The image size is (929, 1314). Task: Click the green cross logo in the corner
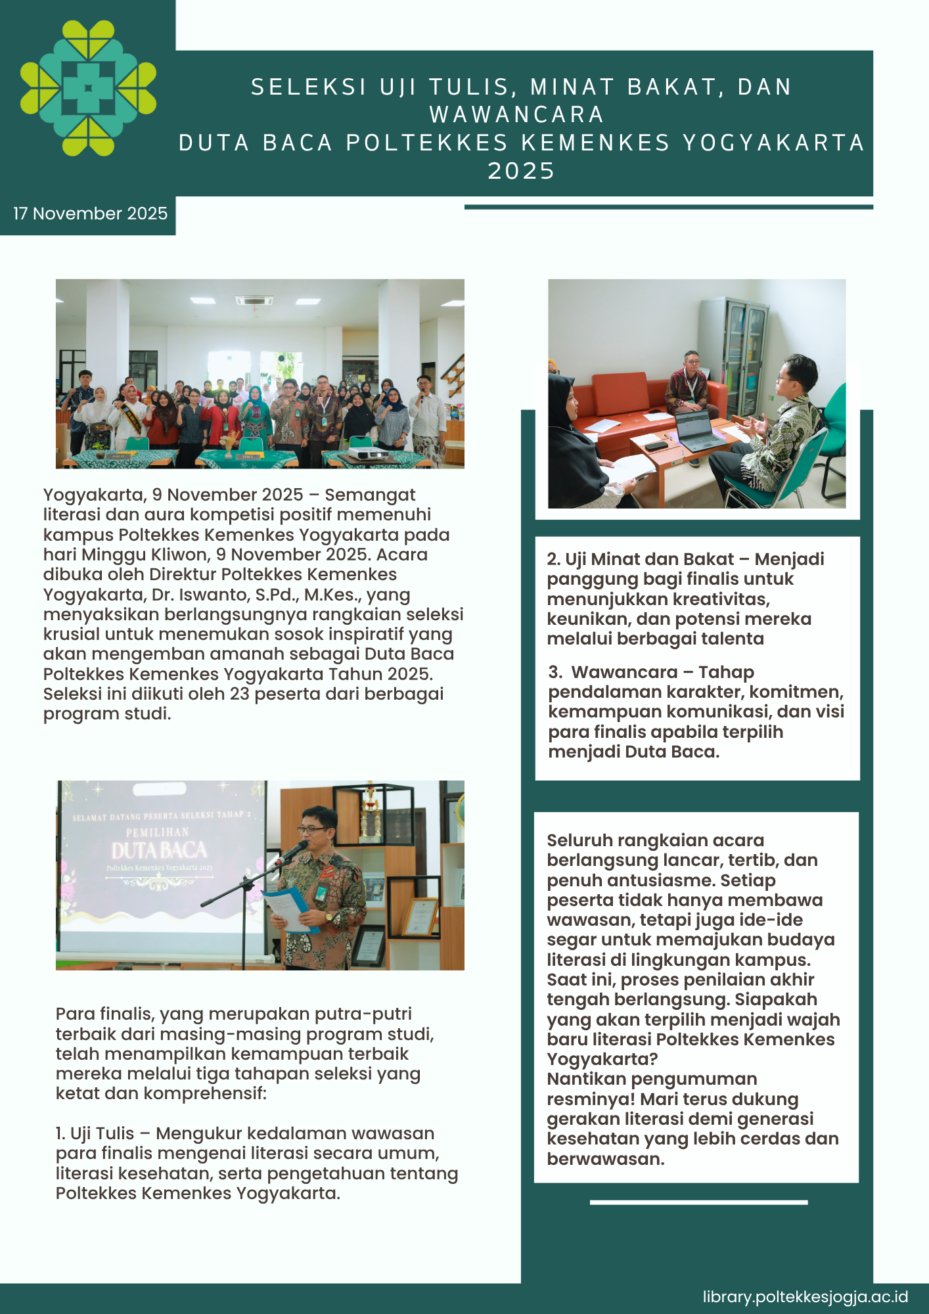[x=88, y=88]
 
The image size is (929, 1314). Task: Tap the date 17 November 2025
[x=90, y=214]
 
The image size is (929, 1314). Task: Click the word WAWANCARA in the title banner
[x=517, y=115]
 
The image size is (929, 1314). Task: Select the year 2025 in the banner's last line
[x=522, y=171]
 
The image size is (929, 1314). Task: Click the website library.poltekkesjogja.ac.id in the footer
[x=805, y=1297]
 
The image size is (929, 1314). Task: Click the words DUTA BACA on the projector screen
[x=159, y=851]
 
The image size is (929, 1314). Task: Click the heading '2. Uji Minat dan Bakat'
[x=639, y=559]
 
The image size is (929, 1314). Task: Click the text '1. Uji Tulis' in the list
[x=95, y=1133]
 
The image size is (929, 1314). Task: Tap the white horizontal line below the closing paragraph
[x=698, y=1202]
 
